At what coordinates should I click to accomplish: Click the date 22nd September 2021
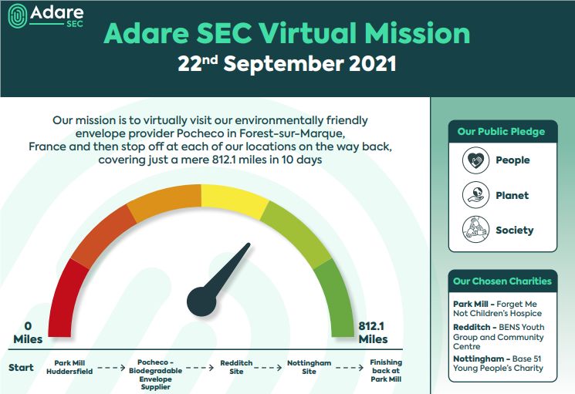tap(287, 63)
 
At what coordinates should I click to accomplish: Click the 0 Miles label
tap(28, 332)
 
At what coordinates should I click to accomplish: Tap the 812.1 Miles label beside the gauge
tap(373, 332)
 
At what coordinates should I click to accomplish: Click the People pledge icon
tap(475, 160)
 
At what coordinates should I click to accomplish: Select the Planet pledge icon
tap(475, 195)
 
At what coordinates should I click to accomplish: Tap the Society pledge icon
tap(475, 230)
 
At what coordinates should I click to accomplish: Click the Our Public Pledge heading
tap(501, 132)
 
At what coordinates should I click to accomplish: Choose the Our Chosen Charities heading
tap(502, 281)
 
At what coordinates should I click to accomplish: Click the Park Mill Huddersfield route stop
tap(72, 367)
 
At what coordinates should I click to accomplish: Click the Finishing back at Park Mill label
tap(386, 371)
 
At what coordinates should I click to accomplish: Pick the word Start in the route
tap(21, 368)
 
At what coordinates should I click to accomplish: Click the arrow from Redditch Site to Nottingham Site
tap(272, 368)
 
